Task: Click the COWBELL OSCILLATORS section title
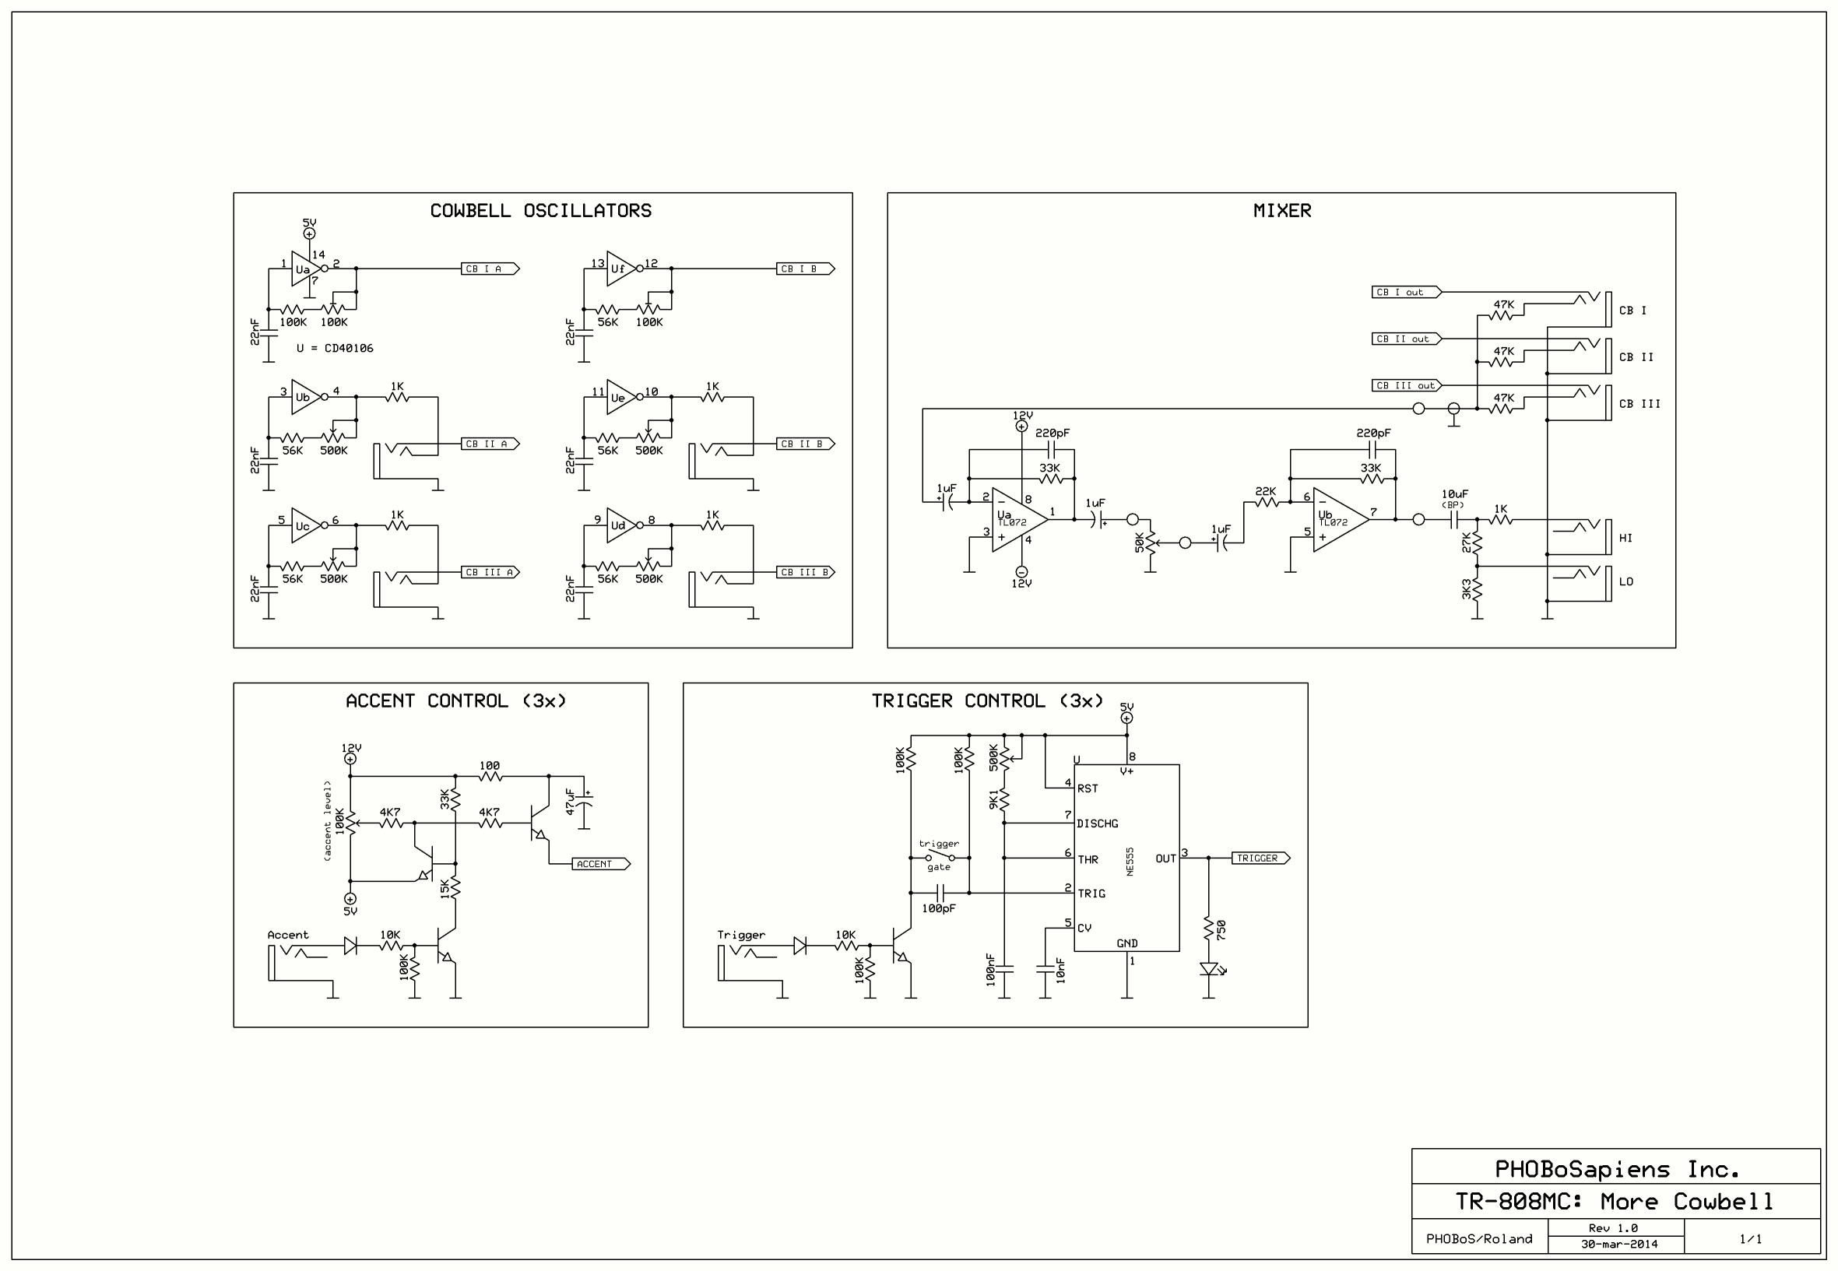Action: click(541, 211)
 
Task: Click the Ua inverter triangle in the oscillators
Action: click(304, 269)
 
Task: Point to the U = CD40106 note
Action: click(335, 349)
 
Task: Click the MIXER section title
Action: click(1281, 211)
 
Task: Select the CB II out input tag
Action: click(1405, 339)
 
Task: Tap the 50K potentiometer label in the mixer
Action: click(1140, 543)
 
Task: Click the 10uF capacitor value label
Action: click(1454, 494)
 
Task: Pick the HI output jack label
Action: click(1625, 539)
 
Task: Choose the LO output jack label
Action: click(1625, 582)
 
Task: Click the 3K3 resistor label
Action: click(1466, 590)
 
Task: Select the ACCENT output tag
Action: click(599, 864)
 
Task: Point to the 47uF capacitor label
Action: click(570, 801)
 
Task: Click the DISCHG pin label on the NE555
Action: click(1098, 824)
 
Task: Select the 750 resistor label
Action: click(1221, 929)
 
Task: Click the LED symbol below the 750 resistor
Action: click(1209, 969)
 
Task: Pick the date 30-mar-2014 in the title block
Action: click(1619, 1244)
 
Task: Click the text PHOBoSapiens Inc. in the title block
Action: click(1617, 1170)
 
